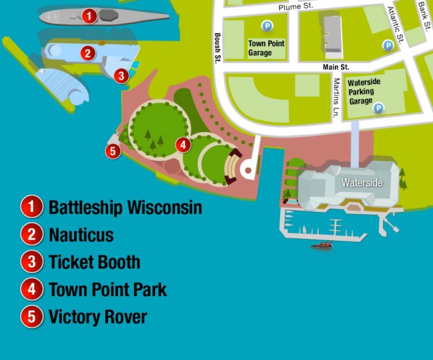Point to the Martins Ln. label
(337, 97)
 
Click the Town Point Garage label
(266, 48)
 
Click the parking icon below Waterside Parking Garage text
(379, 108)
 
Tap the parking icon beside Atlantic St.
(388, 45)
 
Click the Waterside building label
(362, 182)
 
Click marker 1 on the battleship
(88, 16)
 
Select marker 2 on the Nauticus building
(88, 53)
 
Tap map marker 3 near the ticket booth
(121, 75)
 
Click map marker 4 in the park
(183, 144)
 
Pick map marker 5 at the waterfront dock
(113, 151)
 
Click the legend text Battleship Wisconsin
(125, 208)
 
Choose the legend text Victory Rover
(98, 317)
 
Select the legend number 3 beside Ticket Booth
(31, 262)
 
